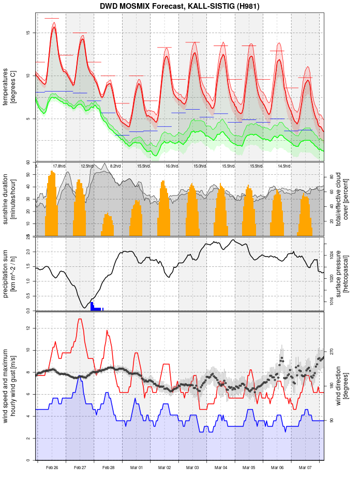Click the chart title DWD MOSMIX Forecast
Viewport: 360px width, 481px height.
(x=179, y=6)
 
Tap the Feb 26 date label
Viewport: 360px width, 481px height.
(x=52, y=468)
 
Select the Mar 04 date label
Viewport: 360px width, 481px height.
(x=221, y=468)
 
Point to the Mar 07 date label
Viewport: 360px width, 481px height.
(x=305, y=468)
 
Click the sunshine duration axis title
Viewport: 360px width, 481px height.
(x=9, y=199)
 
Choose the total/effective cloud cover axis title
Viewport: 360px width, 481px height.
(x=342, y=199)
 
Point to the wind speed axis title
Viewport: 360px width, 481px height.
(x=9, y=385)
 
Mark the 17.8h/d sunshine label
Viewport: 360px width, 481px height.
(x=59, y=166)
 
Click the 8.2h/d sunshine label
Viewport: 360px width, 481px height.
(x=115, y=166)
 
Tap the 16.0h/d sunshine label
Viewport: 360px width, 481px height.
(x=171, y=166)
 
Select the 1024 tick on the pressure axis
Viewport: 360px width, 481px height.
(x=332, y=255)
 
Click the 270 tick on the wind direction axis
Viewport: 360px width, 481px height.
(x=332, y=352)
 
